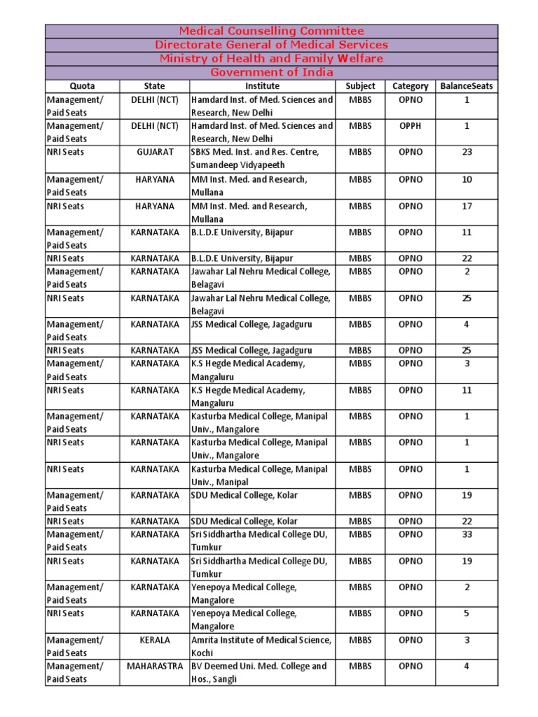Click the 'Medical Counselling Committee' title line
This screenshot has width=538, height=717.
point(272,31)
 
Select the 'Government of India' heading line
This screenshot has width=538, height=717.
point(272,72)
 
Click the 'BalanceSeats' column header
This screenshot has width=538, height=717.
point(467,86)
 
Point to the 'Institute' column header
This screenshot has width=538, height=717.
point(262,86)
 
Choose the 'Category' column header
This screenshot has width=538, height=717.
point(411,86)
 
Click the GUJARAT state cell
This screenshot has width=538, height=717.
point(154,152)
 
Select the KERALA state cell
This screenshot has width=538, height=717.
point(154,640)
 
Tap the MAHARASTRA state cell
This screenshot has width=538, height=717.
point(154,666)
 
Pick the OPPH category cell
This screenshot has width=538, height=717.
point(411,126)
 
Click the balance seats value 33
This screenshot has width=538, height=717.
point(467,534)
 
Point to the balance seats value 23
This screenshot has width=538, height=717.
point(467,152)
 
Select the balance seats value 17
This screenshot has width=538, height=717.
point(467,206)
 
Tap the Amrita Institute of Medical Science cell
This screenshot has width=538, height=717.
point(261,646)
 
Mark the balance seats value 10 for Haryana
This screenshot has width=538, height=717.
point(467,179)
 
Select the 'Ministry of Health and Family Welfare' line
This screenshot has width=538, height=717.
point(272,58)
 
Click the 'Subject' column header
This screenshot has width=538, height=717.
point(360,86)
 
